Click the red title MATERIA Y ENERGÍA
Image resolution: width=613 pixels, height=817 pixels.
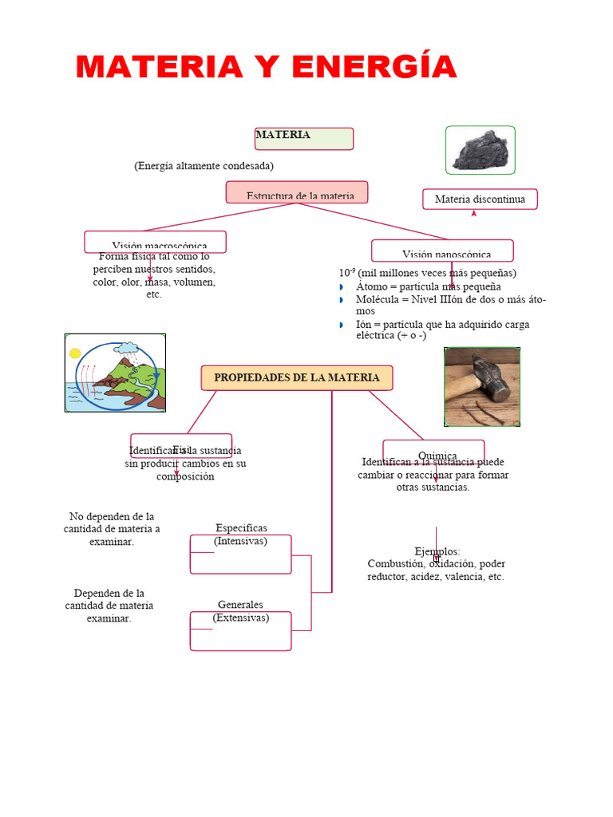[267, 66]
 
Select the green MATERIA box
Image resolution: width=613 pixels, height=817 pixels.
[303, 138]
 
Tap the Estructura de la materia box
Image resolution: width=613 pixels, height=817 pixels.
[296, 192]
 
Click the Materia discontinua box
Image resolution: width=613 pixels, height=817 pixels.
[480, 199]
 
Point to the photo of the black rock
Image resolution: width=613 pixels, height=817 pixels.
[480, 150]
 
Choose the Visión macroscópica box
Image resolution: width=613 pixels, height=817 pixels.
[156, 243]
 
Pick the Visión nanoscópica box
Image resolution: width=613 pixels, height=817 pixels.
[442, 251]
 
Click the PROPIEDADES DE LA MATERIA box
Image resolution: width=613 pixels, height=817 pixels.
[296, 377]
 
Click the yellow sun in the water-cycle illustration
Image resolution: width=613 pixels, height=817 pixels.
[75, 353]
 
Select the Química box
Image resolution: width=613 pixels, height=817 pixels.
[433, 451]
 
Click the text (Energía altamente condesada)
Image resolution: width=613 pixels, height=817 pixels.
[204, 166]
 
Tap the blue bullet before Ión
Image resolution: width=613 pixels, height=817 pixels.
[339, 325]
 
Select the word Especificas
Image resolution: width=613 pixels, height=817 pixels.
[241, 528]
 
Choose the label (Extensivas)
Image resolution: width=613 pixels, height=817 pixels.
[241, 618]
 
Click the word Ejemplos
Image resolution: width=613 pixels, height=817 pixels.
[437, 551]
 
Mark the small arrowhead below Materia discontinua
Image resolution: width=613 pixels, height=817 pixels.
[473, 214]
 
